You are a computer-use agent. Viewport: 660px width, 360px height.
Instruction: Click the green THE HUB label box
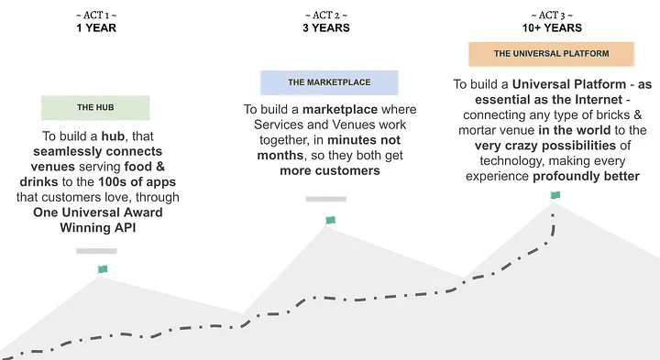coord(95,107)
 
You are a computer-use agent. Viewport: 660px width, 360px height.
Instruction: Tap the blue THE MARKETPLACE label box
coord(329,82)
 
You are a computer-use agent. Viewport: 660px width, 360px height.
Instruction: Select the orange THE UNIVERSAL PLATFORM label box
coord(551,54)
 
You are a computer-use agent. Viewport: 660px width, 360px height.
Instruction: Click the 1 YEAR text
coord(95,27)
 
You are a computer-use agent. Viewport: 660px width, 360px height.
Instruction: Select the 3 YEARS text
coord(329,27)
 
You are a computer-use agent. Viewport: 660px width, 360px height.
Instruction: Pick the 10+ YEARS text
coord(552,27)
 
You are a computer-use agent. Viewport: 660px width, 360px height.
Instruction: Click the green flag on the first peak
coord(103,269)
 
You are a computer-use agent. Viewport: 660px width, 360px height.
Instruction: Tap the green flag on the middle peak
coord(330,220)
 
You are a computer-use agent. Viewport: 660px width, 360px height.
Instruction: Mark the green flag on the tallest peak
coord(555,195)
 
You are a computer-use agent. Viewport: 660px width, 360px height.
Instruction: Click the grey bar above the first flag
coord(96,250)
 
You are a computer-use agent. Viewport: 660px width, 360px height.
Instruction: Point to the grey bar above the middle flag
coord(325,199)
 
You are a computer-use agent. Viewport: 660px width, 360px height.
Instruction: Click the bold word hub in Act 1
coord(115,136)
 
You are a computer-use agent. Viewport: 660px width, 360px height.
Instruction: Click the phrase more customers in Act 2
coord(317,171)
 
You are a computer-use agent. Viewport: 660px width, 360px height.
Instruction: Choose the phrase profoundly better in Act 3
coord(587,176)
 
